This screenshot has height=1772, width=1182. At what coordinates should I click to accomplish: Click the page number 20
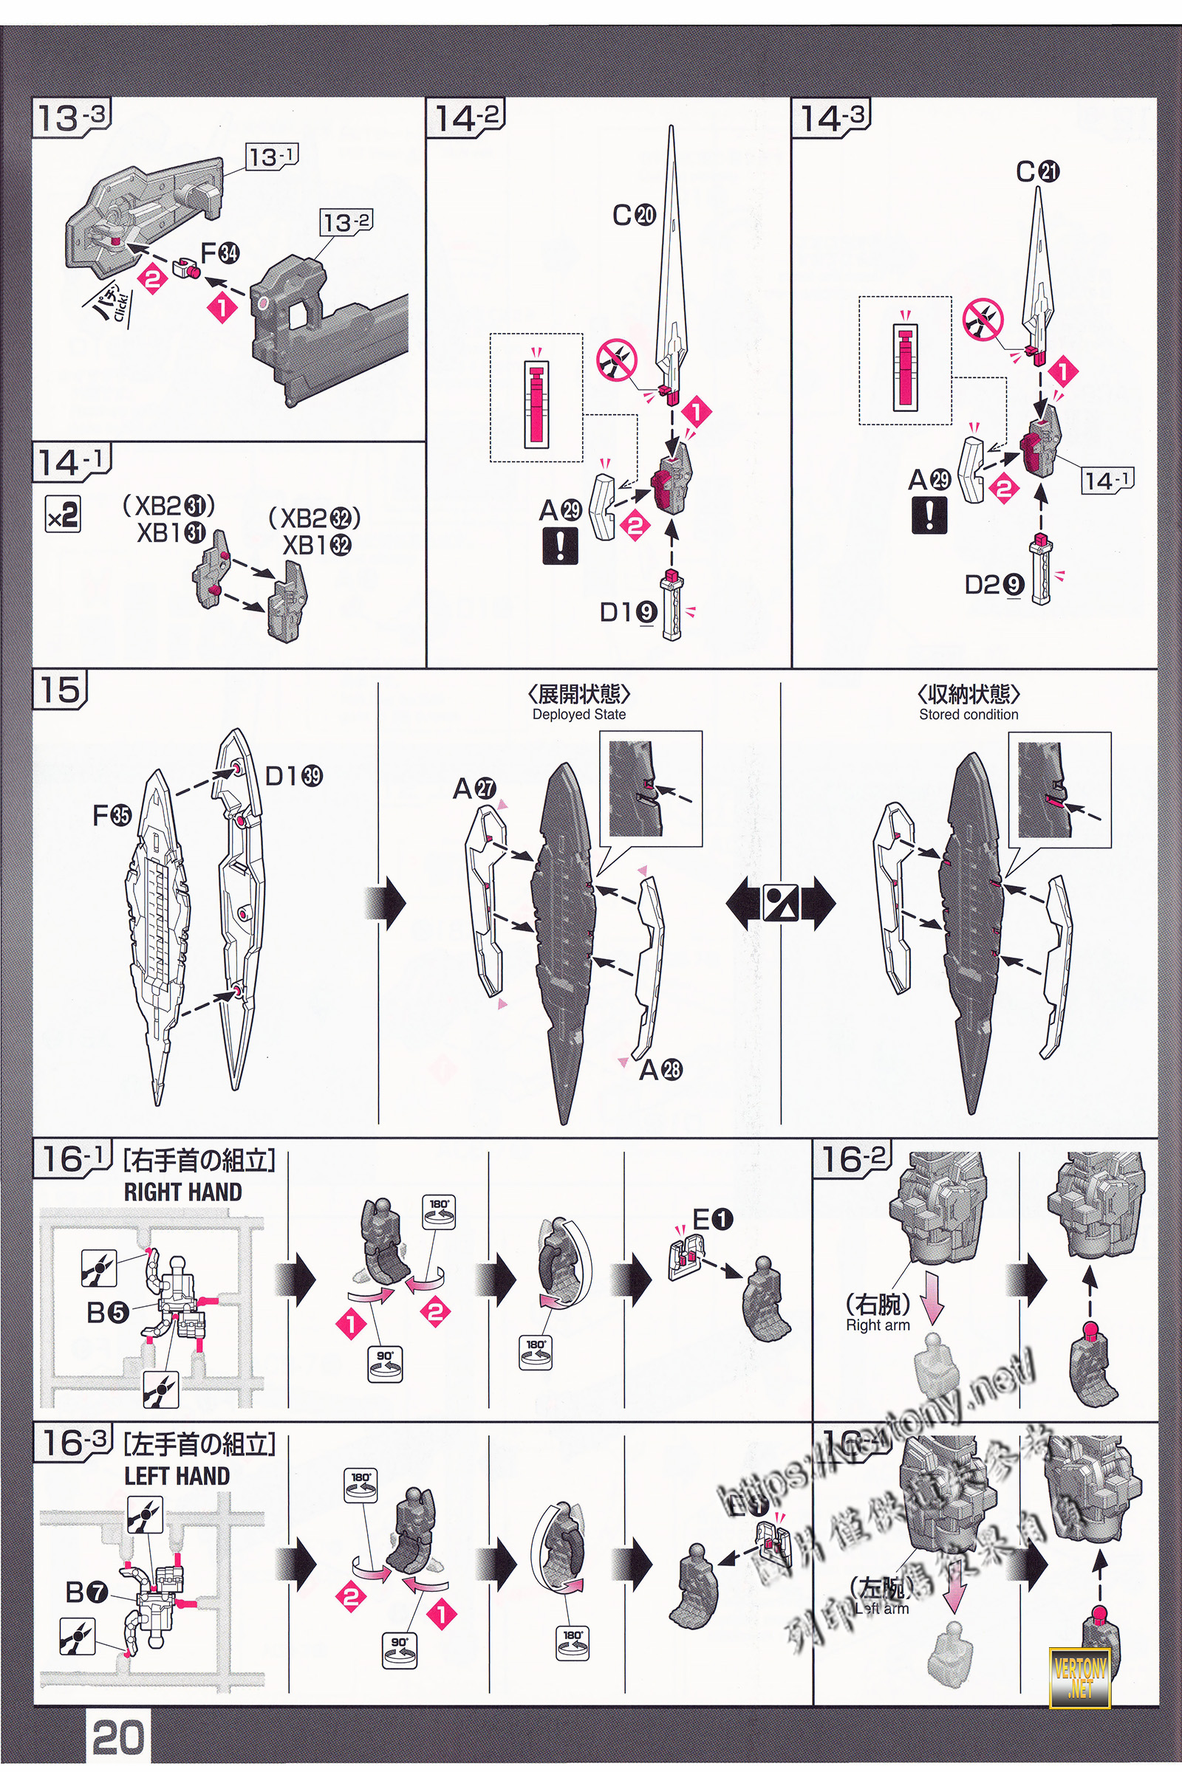[x=117, y=1733]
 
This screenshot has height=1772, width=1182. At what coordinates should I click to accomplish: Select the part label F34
[x=219, y=253]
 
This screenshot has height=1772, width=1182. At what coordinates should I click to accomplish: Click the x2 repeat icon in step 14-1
[x=62, y=515]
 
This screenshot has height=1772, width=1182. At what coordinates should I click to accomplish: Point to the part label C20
[x=633, y=216]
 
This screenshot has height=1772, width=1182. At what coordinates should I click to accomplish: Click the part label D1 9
[x=627, y=613]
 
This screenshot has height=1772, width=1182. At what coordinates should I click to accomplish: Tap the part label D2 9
[x=994, y=584]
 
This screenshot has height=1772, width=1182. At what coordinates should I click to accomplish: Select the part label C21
[x=1037, y=172]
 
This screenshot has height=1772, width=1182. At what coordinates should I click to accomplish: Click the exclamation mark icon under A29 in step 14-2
[x=560, y=545]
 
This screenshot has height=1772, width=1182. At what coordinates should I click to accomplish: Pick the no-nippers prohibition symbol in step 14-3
[x=983, y=319]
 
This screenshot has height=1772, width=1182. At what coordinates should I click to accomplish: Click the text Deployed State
[x=579, y=714]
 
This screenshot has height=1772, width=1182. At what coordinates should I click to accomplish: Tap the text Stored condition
[x=968, y=714]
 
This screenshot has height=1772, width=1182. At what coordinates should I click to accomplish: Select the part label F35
[x=112, y=814]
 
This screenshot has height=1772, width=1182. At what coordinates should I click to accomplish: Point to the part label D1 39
[x=293, y=776]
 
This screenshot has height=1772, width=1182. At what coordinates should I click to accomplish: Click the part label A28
[x=660, y=1070]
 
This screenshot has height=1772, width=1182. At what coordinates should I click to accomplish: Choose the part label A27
[x=474, y=789]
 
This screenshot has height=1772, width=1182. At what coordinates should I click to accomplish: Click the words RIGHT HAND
[x=182, y=1192]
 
